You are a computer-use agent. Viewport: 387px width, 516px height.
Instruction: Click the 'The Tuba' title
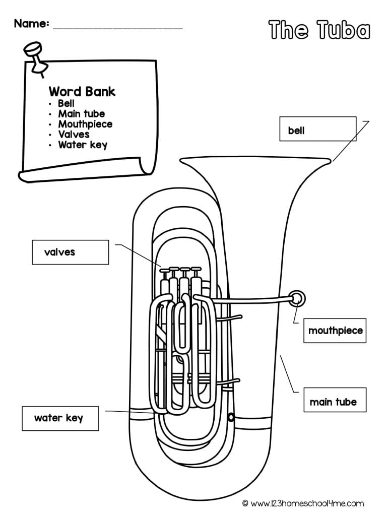coord(319,30)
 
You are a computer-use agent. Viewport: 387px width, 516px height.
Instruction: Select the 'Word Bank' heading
coord(82,91)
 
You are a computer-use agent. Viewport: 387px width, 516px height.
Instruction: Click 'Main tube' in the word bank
coord(81,114)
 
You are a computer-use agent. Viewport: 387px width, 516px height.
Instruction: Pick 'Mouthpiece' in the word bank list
coord(85,124)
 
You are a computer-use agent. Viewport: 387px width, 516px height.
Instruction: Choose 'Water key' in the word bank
coord(83,145)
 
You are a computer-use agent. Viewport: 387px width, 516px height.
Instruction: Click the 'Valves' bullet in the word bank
coord(74,135)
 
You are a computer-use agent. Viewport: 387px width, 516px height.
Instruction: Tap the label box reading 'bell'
coord(317,131)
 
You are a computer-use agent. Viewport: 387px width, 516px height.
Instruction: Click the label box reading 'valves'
coord(70,252)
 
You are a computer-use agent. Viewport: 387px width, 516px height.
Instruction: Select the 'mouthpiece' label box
coord(335,331)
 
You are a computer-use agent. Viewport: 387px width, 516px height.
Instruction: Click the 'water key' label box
coord(60,418)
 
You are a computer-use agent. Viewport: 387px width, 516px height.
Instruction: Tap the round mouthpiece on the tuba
coord(298,299)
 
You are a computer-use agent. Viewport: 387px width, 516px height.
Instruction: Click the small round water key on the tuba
coord(231,418)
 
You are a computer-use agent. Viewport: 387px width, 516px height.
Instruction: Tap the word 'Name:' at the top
coord(31,23)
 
